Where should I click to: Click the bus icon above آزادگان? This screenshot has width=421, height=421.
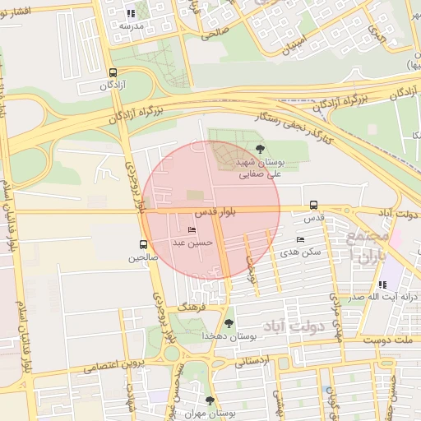tap(113, 72)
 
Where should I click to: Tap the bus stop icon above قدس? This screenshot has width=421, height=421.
tap(313, 206)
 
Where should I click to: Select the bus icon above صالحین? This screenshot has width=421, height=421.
tap(144, 244)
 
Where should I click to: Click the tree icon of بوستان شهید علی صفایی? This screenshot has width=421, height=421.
tap(261, 149)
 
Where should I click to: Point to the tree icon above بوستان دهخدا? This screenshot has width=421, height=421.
tap(228, 323)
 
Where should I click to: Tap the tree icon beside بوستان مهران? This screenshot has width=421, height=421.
tap(210, 400)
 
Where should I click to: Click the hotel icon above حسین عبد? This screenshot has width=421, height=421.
tap(192, 229)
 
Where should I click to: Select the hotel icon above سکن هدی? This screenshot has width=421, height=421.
tap(300, 239)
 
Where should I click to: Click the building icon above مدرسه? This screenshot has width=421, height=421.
tap(131, 13)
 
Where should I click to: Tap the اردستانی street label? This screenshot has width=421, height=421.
tap(253, 360)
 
